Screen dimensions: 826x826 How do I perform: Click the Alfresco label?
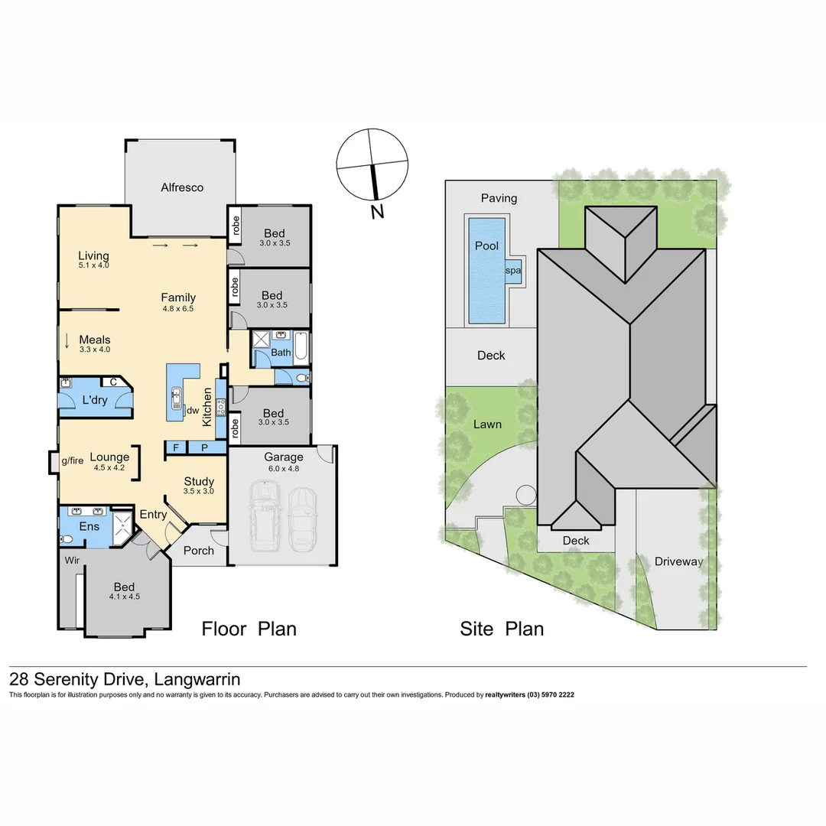pyautogui.click(x=182, y=187)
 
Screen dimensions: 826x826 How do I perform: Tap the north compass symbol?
pyautogui.click(x=372, y=164)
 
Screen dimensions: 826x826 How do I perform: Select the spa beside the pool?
pyautogui.click(x=512, y=271)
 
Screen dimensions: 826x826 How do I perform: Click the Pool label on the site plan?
pyautogui.click(x=486, y=246)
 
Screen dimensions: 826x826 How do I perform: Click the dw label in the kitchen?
pyautogui.click(x=193, y=410)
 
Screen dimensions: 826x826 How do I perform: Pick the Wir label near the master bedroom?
pyautogui.click(x=73, y=561)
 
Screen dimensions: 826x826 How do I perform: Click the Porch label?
pyautogui.click(x=200, y=551)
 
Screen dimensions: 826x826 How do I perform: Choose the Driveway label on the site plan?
pyautogui.click(x=678, y=561)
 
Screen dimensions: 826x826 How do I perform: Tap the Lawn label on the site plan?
pyautogui.click(x=487, y=424)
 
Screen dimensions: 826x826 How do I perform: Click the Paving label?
pyautogui.click(x=499, y=198)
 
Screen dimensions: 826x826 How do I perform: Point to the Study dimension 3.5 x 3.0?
pyautogui.click(x=199, y=493)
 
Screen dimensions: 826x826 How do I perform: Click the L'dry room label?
pyautogui.click(x=95, y=400)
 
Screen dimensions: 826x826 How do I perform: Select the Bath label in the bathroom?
pyautogui.click(x=281, y=353)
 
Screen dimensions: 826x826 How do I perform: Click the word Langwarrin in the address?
pyautogui.click(x=197, y=679)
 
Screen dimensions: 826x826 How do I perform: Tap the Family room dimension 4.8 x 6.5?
pyautogui.click(x=178, y=310)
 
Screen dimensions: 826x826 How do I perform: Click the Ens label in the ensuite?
pyautogui.click(x=89, y=526)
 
